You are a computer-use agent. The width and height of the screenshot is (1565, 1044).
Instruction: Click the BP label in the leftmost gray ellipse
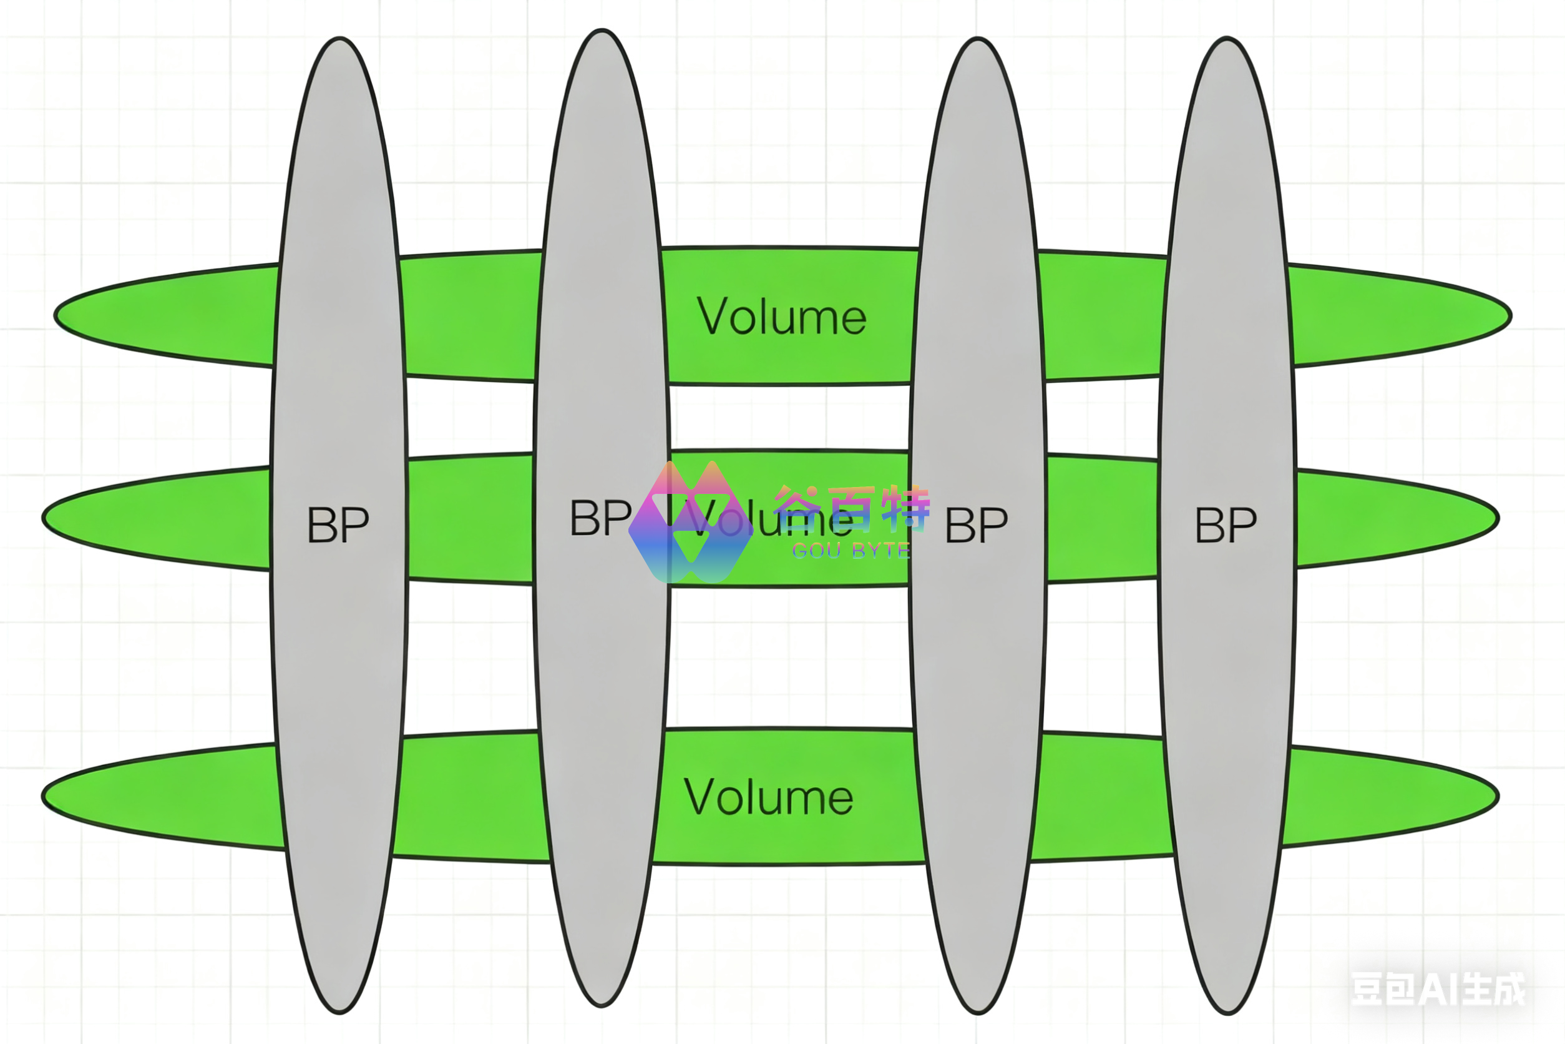point(338,524)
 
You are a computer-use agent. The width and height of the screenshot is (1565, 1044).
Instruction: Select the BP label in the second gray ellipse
point(600,518)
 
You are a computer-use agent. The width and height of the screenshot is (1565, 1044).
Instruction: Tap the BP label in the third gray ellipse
point(976,524)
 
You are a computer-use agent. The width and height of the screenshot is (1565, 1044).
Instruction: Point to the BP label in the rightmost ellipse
point(1226,524)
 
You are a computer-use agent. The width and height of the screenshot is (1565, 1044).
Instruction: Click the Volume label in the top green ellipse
point(781,317)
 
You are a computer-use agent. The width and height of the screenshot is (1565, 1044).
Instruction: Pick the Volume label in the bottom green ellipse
point(768,797)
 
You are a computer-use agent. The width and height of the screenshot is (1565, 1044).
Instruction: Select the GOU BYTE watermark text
point(851,551)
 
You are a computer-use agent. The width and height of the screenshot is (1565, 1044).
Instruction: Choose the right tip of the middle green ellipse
point(1497,518)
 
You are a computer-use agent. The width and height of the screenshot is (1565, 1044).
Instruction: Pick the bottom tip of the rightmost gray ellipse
point(1227,1013)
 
